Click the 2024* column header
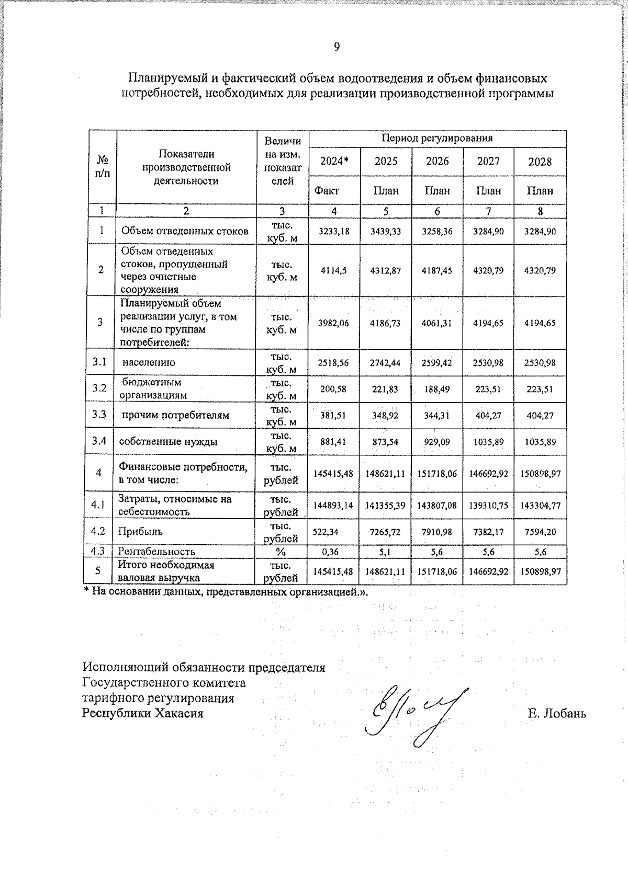point(334,162)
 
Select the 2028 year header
point(540,162)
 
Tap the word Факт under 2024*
point(327,191)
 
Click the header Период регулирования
point(437,139)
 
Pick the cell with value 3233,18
point(334,231)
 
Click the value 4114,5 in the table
point(334,271)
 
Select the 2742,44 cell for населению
point(385,363)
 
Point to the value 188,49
point(437,390)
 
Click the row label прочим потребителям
point(176,416)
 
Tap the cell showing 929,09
point(437,442)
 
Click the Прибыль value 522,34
point(326,532)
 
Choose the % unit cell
point(282,552)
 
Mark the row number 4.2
point(98,531)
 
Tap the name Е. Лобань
point(557,714)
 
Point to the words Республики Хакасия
point(142,713)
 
